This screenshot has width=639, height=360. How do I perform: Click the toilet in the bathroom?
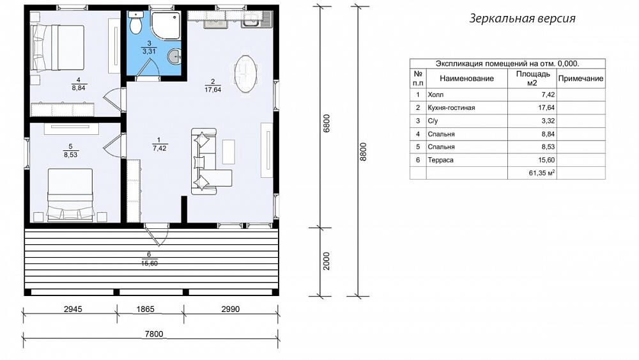tap(135, 22)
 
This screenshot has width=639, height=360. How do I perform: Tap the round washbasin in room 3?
tap(175, 56)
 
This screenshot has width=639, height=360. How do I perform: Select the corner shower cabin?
tap(165, 26)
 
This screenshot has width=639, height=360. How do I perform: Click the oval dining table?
tap(246, 74)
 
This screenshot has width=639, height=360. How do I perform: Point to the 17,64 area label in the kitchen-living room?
tap(213, 90)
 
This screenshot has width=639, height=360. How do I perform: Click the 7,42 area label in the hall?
tap(159, 148)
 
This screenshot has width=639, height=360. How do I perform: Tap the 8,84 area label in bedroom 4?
tap(79, 88)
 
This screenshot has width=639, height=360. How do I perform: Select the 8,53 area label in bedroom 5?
tap(70, 155)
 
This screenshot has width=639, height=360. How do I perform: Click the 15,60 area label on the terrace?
tap(150, 263)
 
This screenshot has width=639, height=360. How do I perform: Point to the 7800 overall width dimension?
tap(154, 334)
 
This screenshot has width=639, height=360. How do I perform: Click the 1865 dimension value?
tap(146, 309)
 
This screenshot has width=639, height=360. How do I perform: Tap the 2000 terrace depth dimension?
tap(327, 261)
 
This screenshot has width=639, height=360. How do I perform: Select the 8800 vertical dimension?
tap(364, 152)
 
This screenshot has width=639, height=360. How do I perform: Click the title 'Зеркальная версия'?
tap(522, 19)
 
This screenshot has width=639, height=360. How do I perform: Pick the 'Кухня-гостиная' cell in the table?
tap(451, 107)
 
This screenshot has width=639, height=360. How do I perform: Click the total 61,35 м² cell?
tap(542, 173)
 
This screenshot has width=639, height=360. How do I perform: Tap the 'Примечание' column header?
tap(581, 79)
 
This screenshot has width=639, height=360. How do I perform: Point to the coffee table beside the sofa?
tap(229, 152)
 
